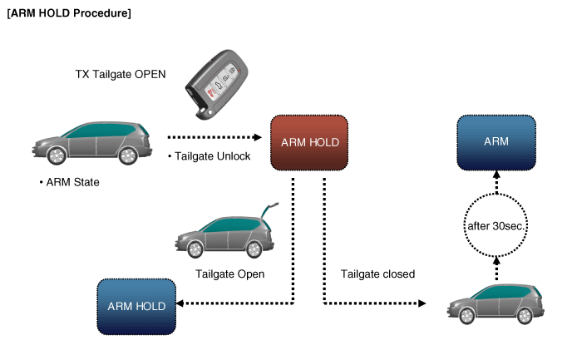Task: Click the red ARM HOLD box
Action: pyautogui.click(x=309, y=143)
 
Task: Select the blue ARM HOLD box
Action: pyautogui.click(x=136, y=306)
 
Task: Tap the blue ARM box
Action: pyautogui.click(x=496, y=142)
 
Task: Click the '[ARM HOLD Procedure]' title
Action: pyautogui.click(x=67, y=14)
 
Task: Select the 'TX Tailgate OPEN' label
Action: pyautogui.click(x=121, y=75)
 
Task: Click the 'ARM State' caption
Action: pyautogui.click(x=69, y=181)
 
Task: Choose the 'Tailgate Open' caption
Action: pyautogui.click(x=229, y=273)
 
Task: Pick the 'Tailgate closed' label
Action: pyautogui.click(x=377, y=273)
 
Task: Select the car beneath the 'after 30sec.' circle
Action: pyautogui.click(x=497, y=303)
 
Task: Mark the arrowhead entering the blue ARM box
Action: pyautogui.click(x=496, y=175)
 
